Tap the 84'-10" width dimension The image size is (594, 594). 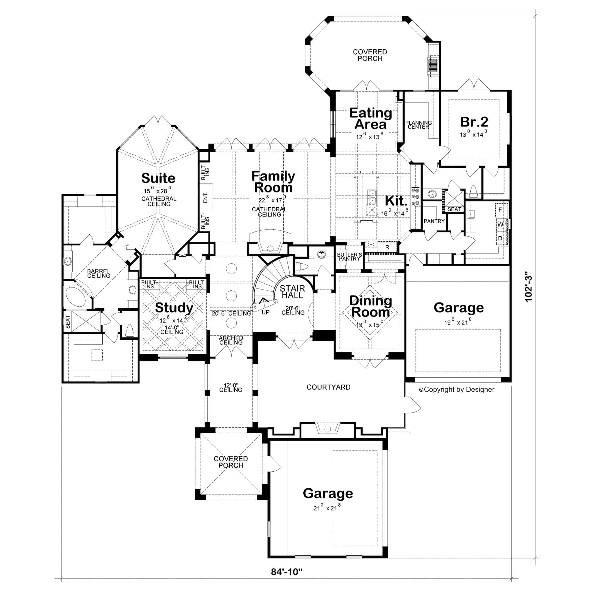(287, 572)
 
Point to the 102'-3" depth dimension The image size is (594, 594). (528, 287)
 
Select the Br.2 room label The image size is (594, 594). (474, 122)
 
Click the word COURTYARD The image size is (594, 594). (328, 387)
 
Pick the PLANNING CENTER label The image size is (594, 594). (418, 125)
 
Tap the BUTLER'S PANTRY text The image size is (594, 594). (349, 257)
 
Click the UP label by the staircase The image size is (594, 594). (265, 312)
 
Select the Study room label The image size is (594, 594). (174, 307)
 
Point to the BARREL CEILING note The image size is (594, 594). (98, 273)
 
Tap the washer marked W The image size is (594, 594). (500, 224)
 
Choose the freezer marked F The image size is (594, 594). (500, 210)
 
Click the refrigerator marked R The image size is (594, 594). (387, 247)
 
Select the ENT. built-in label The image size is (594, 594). (206, 198)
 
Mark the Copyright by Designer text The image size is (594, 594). (457, 390)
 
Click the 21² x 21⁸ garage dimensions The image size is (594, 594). (327, 508)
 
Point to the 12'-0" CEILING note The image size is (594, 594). (231, 387)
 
